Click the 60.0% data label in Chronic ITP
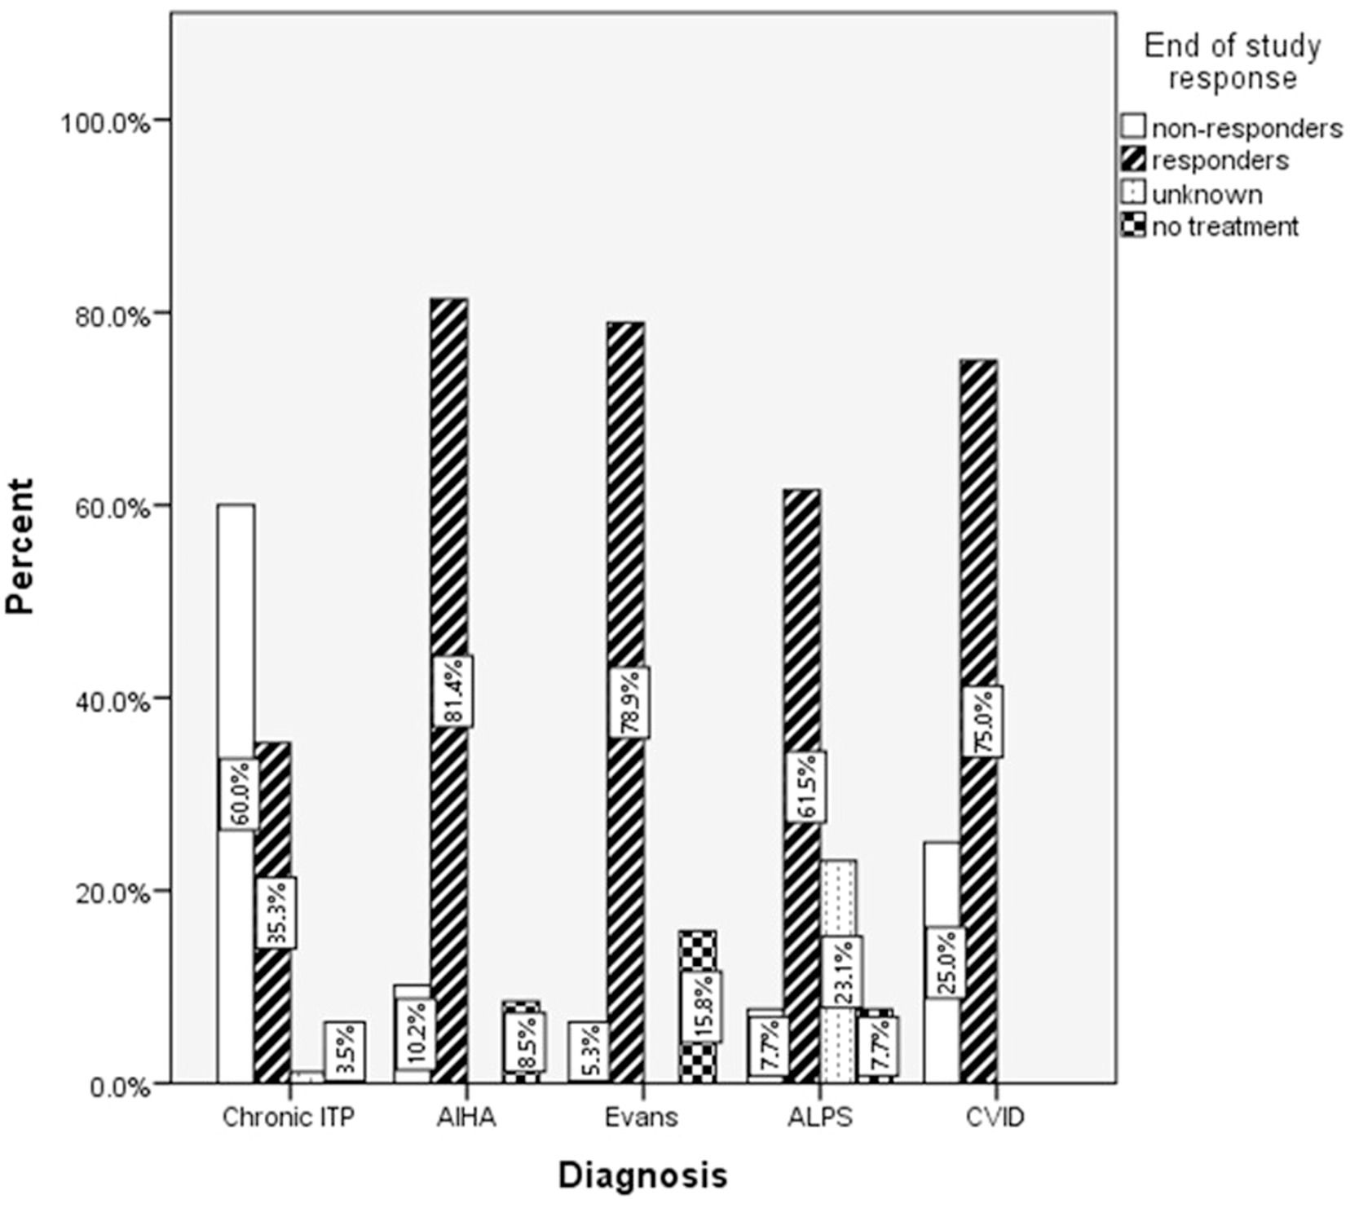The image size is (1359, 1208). tap(237, 794)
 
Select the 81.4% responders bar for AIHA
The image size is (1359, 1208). tap(449, 690)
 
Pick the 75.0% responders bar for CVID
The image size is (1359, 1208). tap(978, 721)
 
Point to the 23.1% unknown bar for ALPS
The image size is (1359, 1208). tap(838, 972)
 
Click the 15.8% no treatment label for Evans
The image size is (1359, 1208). tap(701, 1006)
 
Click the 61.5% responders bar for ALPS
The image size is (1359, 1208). tap(802, 787)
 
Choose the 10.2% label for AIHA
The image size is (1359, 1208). tap(416, 1034)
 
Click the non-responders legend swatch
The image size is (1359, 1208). tap(1132, 126)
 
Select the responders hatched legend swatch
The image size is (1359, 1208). tap(1132, 159)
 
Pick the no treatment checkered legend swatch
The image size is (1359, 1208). tap(1132, 225)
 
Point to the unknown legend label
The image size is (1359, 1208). tap(1207, 194)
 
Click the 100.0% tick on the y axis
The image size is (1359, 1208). tap(163, 120)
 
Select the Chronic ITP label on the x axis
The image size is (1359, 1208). tap(289, 1117)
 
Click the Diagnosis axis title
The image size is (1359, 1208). tap(642, 1176)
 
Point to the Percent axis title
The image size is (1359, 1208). tap(20, 546)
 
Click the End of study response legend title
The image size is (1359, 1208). tap(1232, 62)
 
